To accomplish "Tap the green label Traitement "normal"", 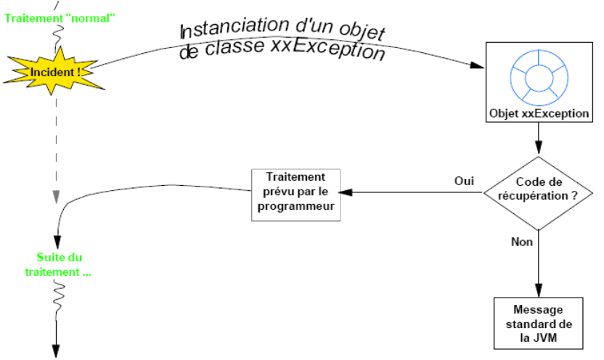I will [x=61, y=17].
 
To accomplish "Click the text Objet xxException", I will [x=537, y=115].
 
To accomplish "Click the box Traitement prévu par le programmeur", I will [x=295, y=192].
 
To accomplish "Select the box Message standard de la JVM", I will [x=538, y=322].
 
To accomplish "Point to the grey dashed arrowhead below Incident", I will [x=55, y=197].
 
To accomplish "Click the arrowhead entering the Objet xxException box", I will [x=477, y=65].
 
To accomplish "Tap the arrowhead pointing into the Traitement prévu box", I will [x=346, y=192].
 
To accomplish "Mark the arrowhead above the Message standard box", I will [x=538, y=291].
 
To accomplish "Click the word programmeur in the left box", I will [x=295, y=205].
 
